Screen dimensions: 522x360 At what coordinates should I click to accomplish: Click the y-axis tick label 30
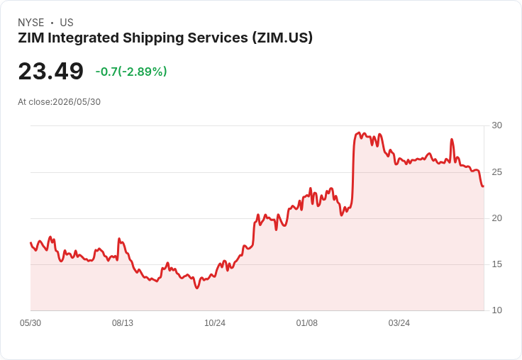pyautogui.click(x=496, y=125)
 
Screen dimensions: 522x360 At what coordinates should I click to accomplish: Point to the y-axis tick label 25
pyautogui.click(x=496, y=172)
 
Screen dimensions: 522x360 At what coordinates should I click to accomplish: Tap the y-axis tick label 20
pyautogui.click(x=496, y=218)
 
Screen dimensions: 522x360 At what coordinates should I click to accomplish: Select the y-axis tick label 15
pyautogui.click(x=496, y=264)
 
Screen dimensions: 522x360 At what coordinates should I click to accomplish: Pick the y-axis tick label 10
pyautogui.click(x=496, y=310)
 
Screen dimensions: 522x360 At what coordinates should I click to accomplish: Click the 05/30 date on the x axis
pyautogui.click(x=30, y=323)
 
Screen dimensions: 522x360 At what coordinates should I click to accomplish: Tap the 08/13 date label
pyautogui.click(x=123, y=323)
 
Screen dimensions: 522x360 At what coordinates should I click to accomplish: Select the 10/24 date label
pyautogui.click(x=215, y=323)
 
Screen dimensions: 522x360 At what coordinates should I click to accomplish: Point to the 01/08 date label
pyautogui.click(x=307, y=323)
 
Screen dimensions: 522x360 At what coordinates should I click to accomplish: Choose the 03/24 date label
pyautogui.click(x=399, y=323)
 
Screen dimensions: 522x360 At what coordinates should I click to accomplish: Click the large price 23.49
pyautogui.click(x=50, y=71)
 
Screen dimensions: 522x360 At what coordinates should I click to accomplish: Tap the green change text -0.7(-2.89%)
pyautogui.click(x=131, y=72)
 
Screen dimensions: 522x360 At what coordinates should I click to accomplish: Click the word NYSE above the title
pyautogui.click(x=31, y=23)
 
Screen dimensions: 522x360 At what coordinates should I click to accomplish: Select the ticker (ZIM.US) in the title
pyautogui.click(x=282, y=38)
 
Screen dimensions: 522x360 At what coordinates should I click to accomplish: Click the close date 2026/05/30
pyautogui.click(x=77, y=102)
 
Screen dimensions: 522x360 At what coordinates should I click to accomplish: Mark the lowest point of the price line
pyautogui.click(x=196, y=288)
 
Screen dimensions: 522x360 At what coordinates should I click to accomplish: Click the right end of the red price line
pyautogui.click(x=484, y=186)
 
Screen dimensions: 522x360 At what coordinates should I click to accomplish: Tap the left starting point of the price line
pyautogui.click(x=30, y=242)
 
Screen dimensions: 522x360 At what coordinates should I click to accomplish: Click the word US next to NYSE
pyautogui.click(x=67, y=23)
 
